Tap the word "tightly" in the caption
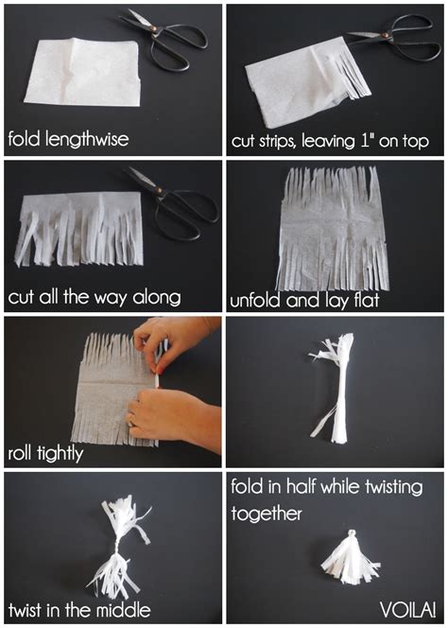61,454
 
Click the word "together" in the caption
267,514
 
